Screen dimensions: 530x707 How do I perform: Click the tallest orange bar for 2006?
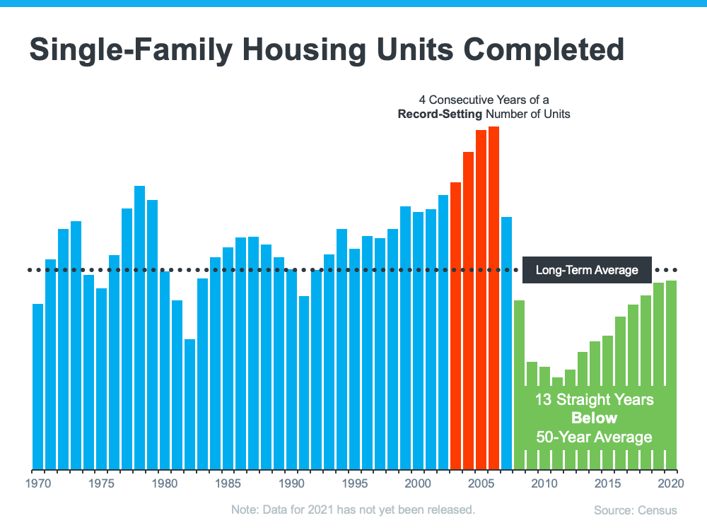[x=493, y=297]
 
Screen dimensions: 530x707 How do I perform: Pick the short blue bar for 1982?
[x=190, y=404]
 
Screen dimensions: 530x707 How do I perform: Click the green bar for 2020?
[x=671, y=375]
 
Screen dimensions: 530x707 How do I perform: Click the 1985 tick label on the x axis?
[x=228, y=484]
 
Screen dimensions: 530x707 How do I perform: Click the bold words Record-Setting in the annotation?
[x=433, y=114]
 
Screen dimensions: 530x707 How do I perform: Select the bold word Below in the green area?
[x=594, y=418]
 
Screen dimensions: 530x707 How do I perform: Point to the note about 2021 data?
[x=353, y=510]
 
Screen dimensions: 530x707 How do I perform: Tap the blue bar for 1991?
[x=304, y=382]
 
